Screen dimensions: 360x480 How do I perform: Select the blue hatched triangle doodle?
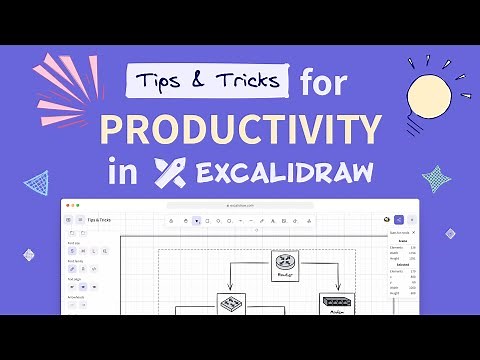tap(37, 184)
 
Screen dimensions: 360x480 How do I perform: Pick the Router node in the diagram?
tap(284, 266)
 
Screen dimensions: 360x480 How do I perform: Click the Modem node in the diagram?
tap(336, 304)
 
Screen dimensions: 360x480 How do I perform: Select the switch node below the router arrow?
tap(231, 304)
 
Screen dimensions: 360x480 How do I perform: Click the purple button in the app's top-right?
tap(399, 219)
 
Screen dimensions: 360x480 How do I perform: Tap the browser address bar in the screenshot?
tap(240, 205)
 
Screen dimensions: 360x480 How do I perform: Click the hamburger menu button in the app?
tap(69, 219)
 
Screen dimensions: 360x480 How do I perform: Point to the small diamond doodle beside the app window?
tap(450, 233)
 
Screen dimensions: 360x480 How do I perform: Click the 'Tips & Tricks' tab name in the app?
tap(99, 219)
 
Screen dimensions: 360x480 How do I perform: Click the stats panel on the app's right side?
tap(402, 270)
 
